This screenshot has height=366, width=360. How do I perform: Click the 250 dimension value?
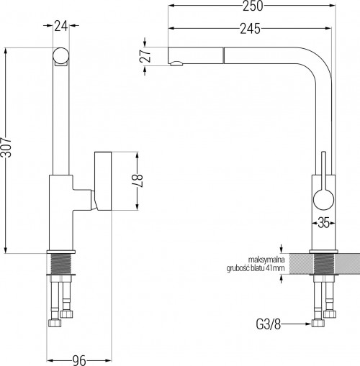(253, 6)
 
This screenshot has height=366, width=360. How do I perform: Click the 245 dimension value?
(250, 29)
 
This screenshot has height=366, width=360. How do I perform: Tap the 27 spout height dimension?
(145, 56)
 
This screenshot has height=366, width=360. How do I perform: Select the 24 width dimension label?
(60, 26)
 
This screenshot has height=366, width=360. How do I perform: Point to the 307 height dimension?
(6, 147)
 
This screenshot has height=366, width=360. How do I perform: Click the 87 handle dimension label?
(138, 181)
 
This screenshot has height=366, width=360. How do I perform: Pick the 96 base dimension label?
(79, 360)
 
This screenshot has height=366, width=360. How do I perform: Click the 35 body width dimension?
(323, 224)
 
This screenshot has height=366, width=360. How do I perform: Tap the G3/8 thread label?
(269, 324)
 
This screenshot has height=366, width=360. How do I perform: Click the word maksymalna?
(266, 260)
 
